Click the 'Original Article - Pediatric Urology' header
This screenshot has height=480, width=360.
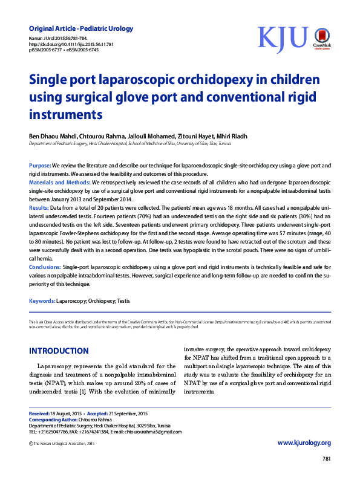tap(81, 28)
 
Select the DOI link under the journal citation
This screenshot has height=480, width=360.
tap(71, 44)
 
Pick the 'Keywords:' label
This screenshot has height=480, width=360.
tap(42, 300)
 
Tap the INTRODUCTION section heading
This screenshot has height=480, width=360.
tap(59, 351)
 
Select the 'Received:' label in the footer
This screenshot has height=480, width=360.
tap(40, 413)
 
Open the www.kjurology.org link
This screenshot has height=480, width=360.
tap(304, 443)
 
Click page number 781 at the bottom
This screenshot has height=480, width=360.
tap(326, 459)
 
